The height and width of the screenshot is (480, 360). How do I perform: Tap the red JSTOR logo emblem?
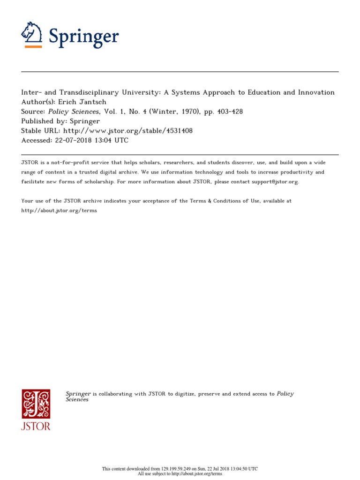click(36, 404)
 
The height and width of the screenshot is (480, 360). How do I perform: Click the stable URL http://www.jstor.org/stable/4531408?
click(127, 131)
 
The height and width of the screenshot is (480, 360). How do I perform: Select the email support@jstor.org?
click(269, 181)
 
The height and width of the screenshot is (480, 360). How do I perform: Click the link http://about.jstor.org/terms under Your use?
click(59, 210)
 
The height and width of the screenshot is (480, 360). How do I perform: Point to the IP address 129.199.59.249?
click(173, 469)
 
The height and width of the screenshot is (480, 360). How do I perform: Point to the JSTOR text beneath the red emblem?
click(36, 426)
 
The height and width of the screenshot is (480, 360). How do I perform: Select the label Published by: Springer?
click(60, 121)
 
